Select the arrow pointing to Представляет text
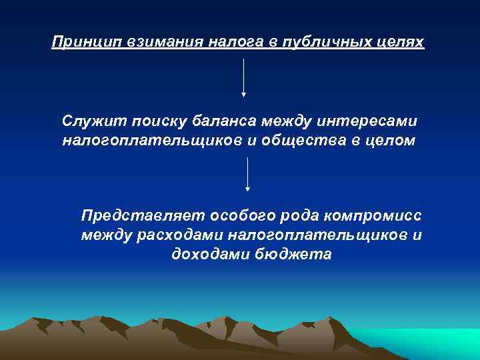248,175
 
